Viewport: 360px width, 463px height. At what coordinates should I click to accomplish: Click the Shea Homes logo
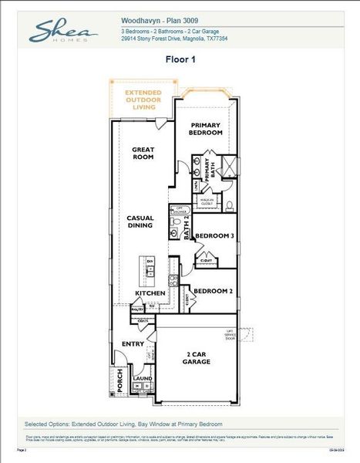click(62, 32)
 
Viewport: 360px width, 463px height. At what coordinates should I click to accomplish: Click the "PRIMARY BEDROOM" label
click(206, 129)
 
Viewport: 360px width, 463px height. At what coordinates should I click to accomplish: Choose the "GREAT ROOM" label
click(144, 153)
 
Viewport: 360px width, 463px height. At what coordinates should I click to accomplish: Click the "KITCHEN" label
click(150, 294)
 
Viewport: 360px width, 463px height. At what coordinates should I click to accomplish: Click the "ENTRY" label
click(133, 344)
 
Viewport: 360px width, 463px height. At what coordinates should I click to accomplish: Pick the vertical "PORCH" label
click(119, 380)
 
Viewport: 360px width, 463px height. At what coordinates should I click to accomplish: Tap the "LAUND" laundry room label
click(143, 380)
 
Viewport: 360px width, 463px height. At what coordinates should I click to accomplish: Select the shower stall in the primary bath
click(228, 167)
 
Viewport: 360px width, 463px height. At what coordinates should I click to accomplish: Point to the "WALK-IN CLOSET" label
click(207, 202)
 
